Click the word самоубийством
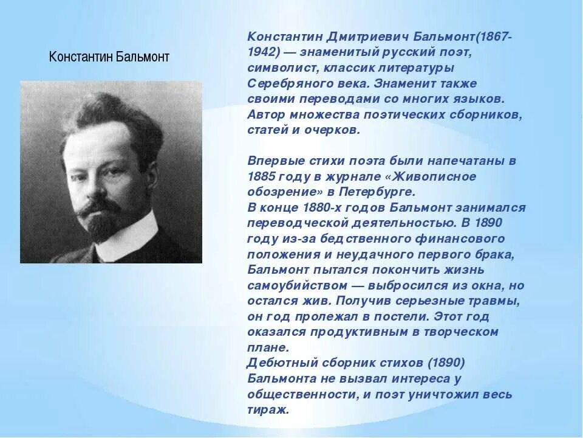coord(297,285)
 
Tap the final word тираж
coord(268,410)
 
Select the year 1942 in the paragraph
coord(262,52)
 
